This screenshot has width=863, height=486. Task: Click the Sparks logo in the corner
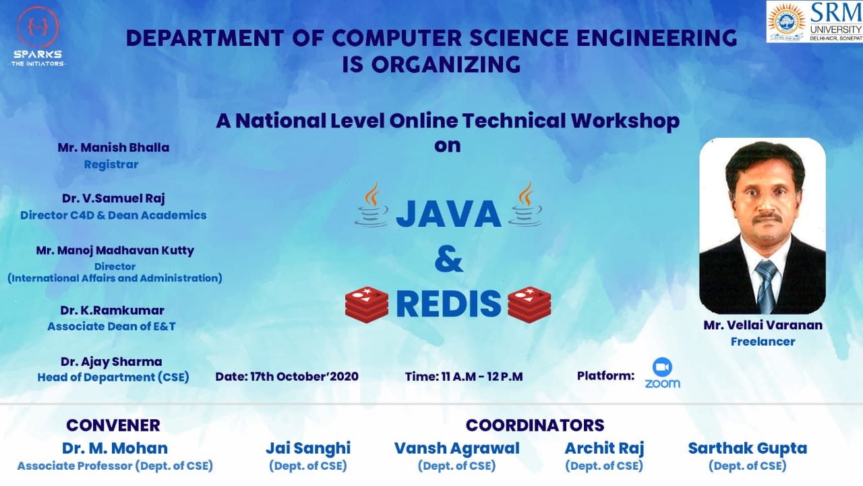point(37,35)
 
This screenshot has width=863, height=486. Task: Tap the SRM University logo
point(814,21)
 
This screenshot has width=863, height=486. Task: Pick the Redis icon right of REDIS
point(529,304)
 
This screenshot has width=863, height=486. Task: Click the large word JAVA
point(448,213)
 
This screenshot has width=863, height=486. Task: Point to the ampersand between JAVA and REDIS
point(448,259)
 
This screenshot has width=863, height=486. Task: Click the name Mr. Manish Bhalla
point(113,147)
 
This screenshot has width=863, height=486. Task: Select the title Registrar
point(111,164)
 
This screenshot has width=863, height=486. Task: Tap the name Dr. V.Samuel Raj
point(113,198)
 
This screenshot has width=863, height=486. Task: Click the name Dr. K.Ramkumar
point(112,310)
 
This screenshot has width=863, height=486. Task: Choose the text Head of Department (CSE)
point(113,377)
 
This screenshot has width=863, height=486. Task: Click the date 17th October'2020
point(287,376)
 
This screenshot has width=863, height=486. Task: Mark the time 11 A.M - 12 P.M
point(464,376)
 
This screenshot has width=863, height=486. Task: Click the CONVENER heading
point(113,425)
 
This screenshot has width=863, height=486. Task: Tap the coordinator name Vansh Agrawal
point(456,448)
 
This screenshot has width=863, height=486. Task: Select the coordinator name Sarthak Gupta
point(747,448)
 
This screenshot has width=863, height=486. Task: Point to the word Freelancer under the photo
point(763,342)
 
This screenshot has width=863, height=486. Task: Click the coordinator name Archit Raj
point(604,448)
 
